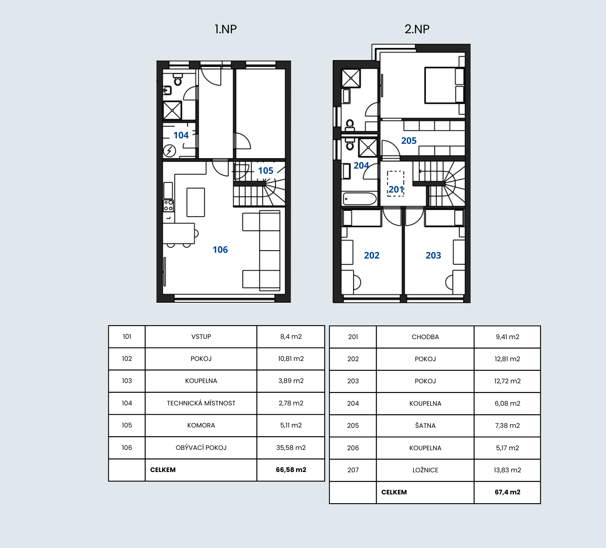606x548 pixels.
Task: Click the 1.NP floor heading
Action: (x=226, y=29)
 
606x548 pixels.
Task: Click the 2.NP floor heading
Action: (x=417, y=29)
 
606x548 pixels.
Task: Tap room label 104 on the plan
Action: (x=181, y=135)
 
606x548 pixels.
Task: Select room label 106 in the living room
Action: (x=220, y=249)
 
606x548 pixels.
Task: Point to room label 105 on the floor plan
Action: (x=266, y=170)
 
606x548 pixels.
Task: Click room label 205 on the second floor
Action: (x=409, y=140)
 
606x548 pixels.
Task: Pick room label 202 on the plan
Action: (x=372, y=255)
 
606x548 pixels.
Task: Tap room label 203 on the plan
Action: (x=433, y=255)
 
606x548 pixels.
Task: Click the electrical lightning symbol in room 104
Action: (x=169, y=150)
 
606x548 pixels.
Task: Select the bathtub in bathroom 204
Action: (x=360, y=199)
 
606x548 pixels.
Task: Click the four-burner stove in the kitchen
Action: (x=168, y=206)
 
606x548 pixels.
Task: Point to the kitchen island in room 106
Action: (x=196, y=202)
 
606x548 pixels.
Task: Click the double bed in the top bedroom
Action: (x=445, y=85)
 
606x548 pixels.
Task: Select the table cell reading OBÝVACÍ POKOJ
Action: (x=201, y=447)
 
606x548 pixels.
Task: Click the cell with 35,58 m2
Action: (x=291, y=447)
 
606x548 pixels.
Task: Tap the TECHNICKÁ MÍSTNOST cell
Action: (x=201, y=403)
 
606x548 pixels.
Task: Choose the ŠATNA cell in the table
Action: (x=425, y=425)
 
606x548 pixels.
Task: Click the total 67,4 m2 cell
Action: (x=508, y=492)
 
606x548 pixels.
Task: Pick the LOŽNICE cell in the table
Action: (x=425, y=470)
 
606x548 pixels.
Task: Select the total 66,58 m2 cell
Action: (x=291, y=470)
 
